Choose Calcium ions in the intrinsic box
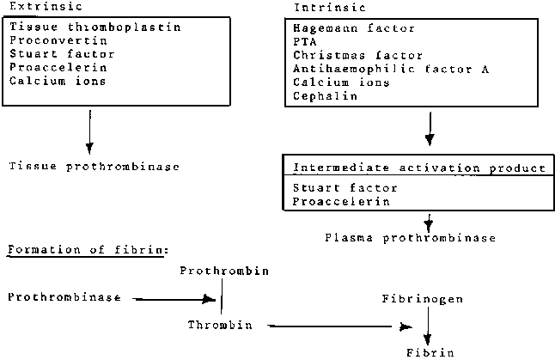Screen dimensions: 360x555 pos(341,82)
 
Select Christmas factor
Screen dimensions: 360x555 pos(345,55)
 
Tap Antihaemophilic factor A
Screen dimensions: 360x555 pos(391,69)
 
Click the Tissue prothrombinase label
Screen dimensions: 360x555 pos(95,165)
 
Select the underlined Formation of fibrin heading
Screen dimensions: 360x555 pos(87,250)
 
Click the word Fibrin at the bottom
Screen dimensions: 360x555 pos(428,351)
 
